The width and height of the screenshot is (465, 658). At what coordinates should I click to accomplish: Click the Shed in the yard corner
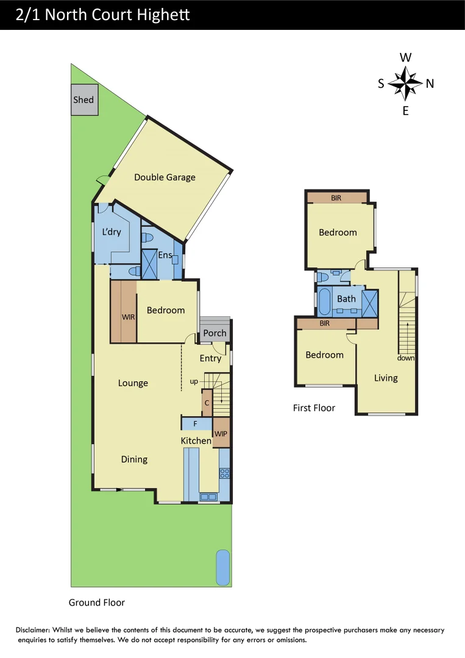click(x=84, y=99)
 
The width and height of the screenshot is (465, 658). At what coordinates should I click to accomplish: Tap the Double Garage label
click(x=165, y=177)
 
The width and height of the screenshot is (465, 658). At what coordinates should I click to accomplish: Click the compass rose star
click(x=405, y=83)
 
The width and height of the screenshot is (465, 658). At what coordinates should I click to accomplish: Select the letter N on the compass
click(x=430, y=84)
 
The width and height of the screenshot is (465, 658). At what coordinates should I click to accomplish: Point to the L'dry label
click(x=111, y=232)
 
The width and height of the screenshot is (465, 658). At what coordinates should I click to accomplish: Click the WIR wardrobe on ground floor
click(x=128, y=317)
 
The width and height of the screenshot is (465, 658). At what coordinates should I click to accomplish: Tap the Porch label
click(x=215, y=333)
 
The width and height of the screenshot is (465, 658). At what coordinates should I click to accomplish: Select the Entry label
click(x=210, y=358)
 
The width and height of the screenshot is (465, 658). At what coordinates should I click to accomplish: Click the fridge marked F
click(x=195, y=423)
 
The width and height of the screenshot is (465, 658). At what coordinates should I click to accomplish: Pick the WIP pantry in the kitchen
click(x=221, y=433)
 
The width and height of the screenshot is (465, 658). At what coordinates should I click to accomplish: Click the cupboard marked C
click(x=207, y=403)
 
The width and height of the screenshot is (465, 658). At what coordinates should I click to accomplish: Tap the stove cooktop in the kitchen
click(x=224, y=472)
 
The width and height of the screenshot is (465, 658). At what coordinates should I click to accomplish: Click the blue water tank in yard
click(x=223, y=566)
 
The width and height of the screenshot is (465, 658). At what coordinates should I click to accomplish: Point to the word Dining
click(x=134, y=459)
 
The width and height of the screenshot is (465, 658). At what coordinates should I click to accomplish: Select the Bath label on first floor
click(x=346, y=299)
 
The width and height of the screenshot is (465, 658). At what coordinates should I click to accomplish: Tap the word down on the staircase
click(x=406, y=358)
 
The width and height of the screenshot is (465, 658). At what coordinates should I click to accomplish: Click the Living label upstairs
click(x=386, y=378)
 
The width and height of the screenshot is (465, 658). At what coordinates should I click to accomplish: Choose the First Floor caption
click(x=314, y=408)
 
